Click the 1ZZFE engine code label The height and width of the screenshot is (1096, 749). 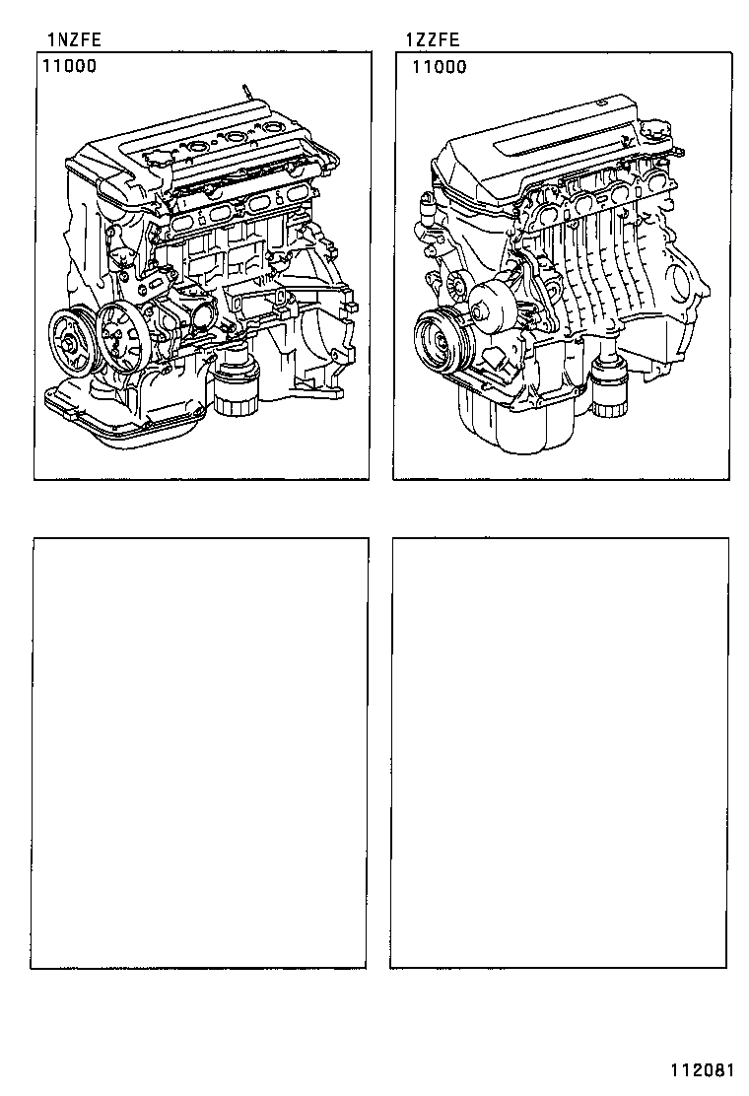tap(432, 39)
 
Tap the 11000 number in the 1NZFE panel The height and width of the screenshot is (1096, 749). tap(69, 67)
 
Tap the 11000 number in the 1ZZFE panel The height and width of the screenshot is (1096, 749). tap(439, 67)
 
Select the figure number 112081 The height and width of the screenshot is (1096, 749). tap(703, 1070)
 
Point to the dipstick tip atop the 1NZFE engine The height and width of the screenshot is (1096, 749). tap(239, 89)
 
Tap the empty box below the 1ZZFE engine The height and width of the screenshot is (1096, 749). tap(560, 753)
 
